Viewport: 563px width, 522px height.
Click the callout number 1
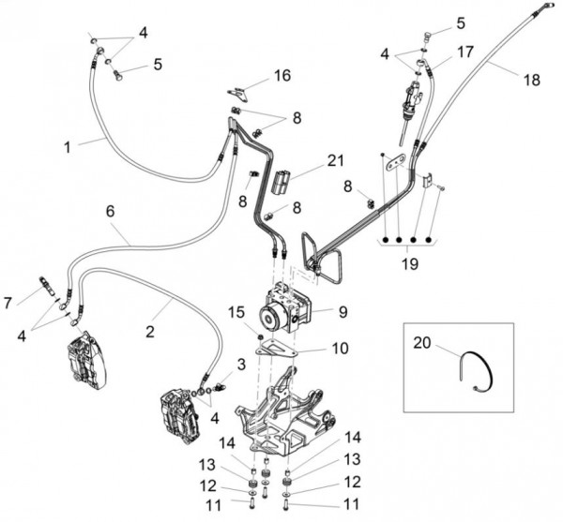pyautogui.click(x=68, y=146)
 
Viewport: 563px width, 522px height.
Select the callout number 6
pyautogui.click(x=110, y=212)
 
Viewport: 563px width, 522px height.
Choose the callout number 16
pyautogui.click(x=281, y=74)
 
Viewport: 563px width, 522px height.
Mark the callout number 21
pyautogui.click(x=336, y=160)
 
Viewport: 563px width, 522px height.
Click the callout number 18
pyautogui.click(x=531, y=81)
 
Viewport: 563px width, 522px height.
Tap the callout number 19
pyautogui.click(x=406, y=265)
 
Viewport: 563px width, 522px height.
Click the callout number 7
pyautogui.click(x=9, y=302)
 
